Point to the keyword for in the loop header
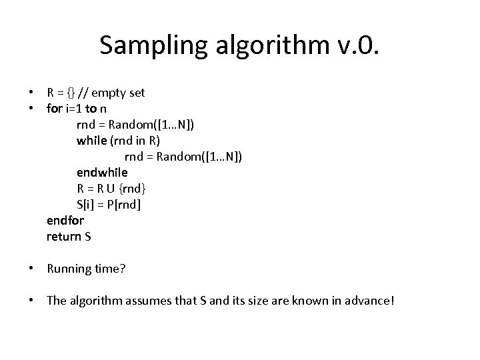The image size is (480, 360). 55,108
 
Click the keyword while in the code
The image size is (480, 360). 91,140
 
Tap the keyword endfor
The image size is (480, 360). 65,220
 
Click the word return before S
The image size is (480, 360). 63,236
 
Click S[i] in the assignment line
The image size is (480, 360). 87,204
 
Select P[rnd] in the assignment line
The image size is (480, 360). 125,204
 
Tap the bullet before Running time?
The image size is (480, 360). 32,269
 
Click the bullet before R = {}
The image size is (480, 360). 32,92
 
